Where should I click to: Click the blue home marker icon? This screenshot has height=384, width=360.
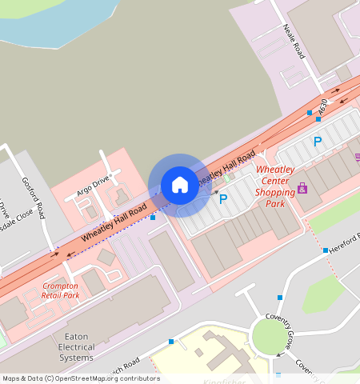[x=180, y=185]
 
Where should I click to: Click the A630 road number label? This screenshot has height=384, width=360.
[x=322, y=106]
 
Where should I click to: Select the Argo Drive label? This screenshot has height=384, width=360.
[x=92, y=186]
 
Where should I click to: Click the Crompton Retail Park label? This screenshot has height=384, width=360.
[x=60, y=290]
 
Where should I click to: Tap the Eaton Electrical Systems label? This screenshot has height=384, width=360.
[x=77, y=347]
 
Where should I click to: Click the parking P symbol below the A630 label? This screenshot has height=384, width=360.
[x=318, y=142]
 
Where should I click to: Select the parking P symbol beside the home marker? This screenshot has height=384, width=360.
[x=223, y=199]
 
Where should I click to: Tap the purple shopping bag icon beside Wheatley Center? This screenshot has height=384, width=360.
[x=302, y=188]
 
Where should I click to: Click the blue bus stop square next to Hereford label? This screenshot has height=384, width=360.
[x=326, y=250]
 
